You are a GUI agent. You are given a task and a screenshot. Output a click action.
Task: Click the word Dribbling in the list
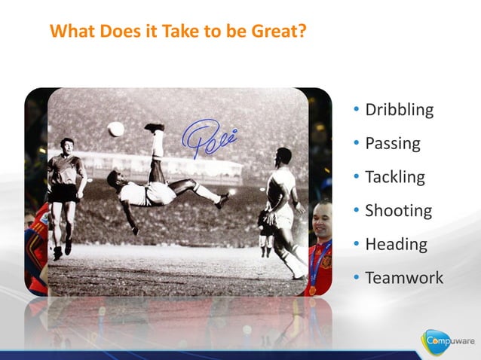point(399,110)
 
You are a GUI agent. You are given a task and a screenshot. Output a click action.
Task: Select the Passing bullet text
point(392,144)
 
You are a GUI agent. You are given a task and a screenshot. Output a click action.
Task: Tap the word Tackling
point(394,178)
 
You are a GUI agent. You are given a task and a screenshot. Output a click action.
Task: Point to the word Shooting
point(398,212)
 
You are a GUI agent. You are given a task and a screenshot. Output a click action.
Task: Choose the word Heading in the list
point(396,245)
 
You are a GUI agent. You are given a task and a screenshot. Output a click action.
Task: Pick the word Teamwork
point(404,279)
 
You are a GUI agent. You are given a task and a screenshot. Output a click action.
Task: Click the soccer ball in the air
point(115,129)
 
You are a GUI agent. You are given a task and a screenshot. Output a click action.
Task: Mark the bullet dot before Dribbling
point(357,111)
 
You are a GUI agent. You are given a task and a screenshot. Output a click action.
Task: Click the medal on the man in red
point(312,289)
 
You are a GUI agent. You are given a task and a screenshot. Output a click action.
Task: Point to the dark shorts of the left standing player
point(65,194)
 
